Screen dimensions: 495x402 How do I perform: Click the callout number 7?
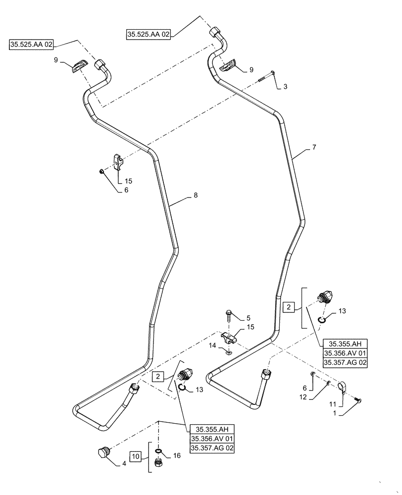pyautogui.click(x=313, y=148)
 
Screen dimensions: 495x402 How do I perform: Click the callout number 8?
pyautogui.click(x=196, y=196)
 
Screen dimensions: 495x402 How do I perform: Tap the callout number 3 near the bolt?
pyautogui.click(x=285, y=87)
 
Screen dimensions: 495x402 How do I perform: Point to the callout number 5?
pyautogui.click(x=249, y=318)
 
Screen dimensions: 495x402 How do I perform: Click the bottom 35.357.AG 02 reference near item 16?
pyautogui.click(x=212, y=448)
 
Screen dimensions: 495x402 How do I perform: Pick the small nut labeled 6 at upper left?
pyautogui.click(x=101, y=171)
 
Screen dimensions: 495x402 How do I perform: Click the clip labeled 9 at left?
pyautogui.click(x=78, y=66)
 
